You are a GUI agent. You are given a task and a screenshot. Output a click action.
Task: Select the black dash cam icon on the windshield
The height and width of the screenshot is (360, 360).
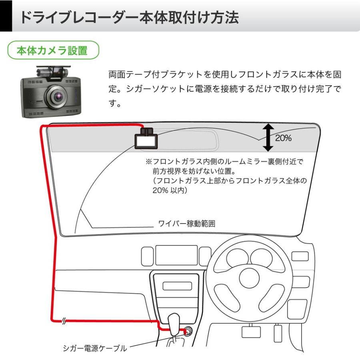click(146, 139)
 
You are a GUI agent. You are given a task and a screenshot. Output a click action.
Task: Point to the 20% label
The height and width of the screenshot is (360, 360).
click(283, 138)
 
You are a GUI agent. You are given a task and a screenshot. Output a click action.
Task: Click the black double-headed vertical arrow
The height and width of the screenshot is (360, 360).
click(268, 138)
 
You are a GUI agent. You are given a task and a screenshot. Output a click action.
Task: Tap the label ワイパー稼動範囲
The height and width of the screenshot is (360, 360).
click(187, 224)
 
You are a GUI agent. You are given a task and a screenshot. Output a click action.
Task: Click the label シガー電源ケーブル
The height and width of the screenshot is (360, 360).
click(95, 348)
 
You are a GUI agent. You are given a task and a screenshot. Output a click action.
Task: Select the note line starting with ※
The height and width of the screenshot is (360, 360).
click(224, 162)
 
